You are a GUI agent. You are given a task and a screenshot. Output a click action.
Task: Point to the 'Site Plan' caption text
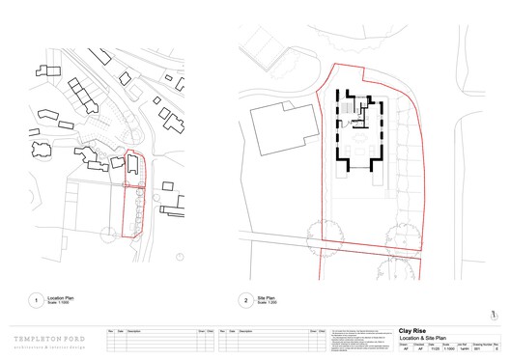coord(266,298)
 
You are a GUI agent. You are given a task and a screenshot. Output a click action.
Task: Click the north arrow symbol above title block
coord(493,313)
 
